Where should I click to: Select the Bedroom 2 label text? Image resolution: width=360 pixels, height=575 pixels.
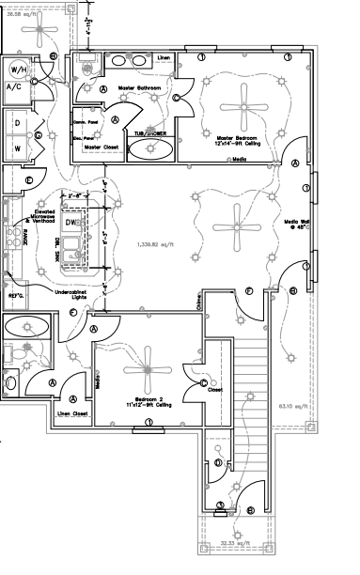pyautogui.click(x=149, y=400)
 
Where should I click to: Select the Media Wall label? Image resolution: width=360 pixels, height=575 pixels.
pyautogui.click(x=299, y=224)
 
